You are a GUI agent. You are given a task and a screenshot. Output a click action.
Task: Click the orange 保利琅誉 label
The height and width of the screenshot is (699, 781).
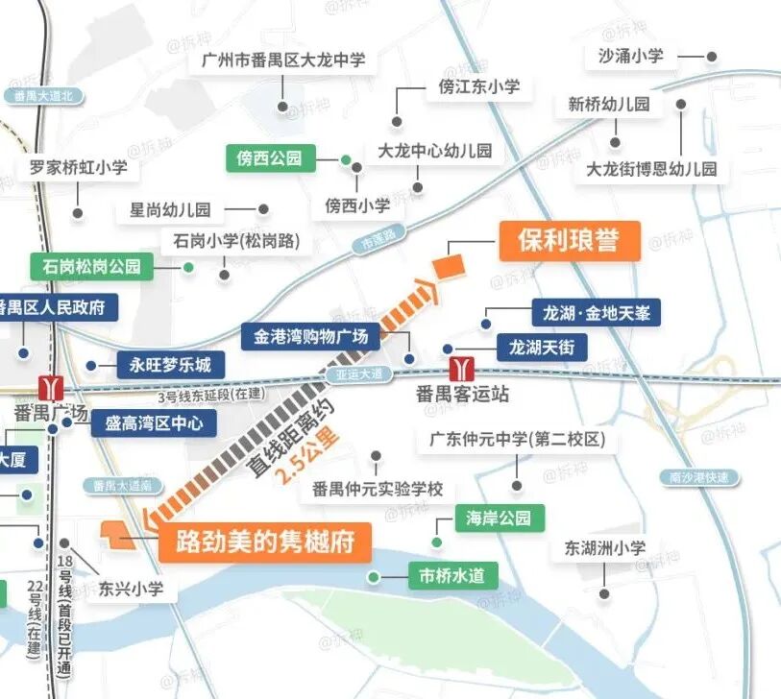coord(568,241)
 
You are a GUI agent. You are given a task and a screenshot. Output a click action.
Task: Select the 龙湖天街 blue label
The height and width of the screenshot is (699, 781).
coord(541,348)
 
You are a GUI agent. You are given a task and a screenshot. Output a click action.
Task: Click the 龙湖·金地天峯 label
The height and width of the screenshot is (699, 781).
coord(596,313)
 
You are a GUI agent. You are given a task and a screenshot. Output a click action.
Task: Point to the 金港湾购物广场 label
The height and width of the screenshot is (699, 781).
coord(310,337)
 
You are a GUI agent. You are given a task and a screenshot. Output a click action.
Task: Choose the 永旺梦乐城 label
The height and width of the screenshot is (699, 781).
coord(170,365)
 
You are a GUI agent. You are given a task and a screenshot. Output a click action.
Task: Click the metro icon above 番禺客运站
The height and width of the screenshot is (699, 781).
coord(462,368)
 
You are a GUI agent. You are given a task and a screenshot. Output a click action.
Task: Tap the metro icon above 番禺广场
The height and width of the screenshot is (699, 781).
coord(50,388)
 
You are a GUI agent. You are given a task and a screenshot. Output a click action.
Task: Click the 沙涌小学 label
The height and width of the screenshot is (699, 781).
coord(630,56)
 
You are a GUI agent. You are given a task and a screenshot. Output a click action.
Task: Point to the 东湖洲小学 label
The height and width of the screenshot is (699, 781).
coord(604,549)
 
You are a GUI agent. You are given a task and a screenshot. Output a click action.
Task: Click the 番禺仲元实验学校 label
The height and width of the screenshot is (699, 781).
coord(378,489)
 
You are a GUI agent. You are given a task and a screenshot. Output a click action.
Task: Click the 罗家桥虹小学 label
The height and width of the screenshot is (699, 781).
coord(78,168)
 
